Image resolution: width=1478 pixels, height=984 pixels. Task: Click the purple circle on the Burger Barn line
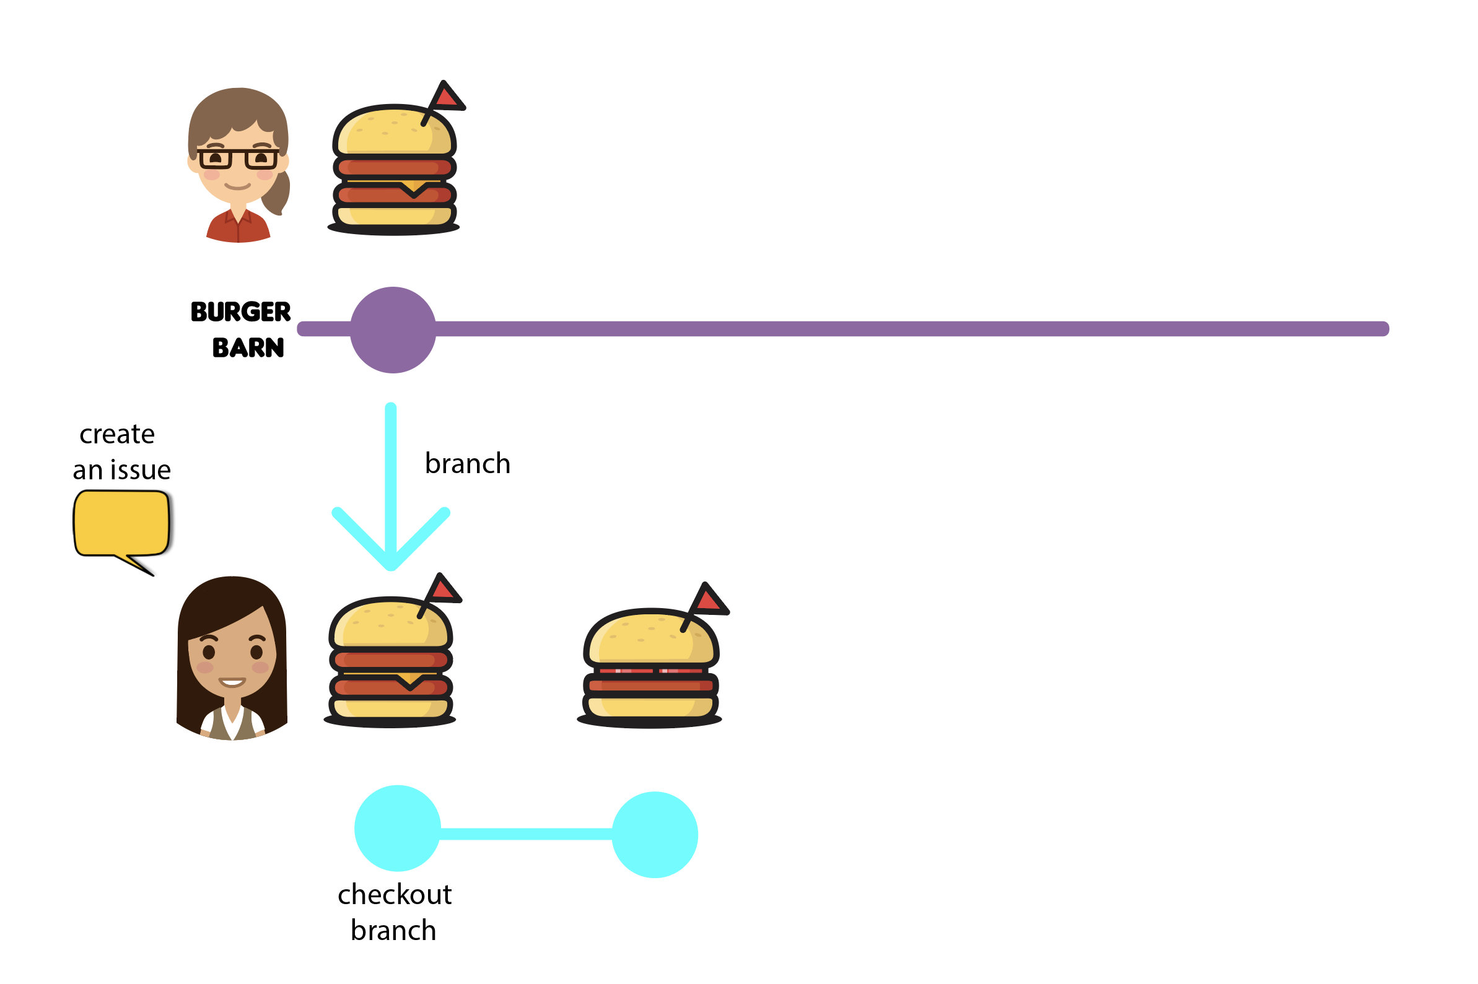pos(392,330)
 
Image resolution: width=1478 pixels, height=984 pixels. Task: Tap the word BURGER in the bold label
pos(240,312)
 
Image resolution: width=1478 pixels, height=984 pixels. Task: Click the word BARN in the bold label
pos(248,347)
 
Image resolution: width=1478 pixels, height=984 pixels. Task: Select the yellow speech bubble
pos(121,523)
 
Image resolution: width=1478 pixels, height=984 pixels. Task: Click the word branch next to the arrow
pos(468,464)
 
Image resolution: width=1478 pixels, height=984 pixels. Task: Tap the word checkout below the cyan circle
pos(394,895)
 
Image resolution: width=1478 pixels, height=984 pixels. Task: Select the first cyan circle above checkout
pos(397,829)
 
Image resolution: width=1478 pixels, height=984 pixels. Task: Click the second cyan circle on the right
pos(654,835)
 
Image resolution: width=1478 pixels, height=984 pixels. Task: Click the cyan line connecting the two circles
pos(526,834)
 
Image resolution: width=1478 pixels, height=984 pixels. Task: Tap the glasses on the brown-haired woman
pos(238,159)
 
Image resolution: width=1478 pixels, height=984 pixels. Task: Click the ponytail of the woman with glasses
pos(278,193)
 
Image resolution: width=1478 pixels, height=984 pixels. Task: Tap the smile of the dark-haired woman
pos(232,682)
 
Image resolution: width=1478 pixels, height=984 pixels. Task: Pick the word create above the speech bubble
pos(116,434)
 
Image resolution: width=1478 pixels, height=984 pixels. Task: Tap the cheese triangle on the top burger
pos(413,186)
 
